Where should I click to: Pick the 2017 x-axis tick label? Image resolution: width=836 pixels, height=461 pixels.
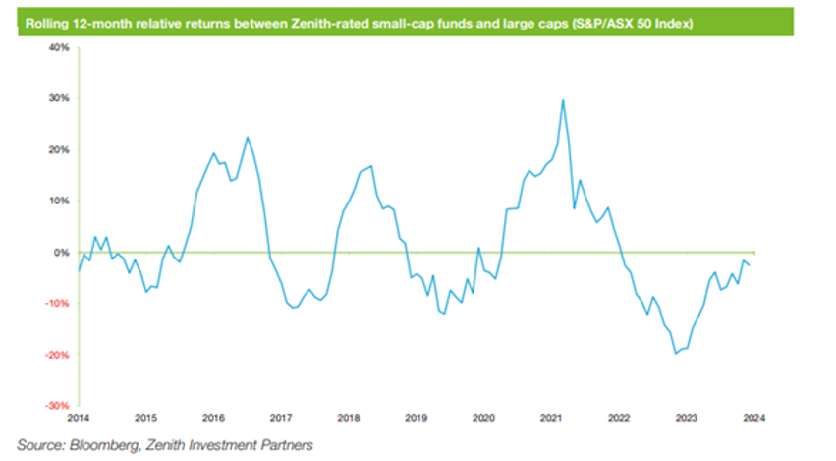click(281, 417)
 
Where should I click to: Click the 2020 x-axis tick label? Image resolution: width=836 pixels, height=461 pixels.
click(483, 417)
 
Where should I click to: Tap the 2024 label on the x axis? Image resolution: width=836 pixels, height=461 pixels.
click(752, 417)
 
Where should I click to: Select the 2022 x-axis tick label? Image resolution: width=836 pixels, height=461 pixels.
click(618, 417)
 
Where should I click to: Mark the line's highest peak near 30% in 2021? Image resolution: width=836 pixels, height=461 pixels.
click(562, 100)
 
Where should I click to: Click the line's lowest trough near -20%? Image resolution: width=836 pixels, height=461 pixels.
click(676, 353)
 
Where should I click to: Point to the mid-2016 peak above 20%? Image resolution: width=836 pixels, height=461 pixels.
click(247, 138)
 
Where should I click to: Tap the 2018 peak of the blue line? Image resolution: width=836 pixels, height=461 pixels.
click(371, 166)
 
